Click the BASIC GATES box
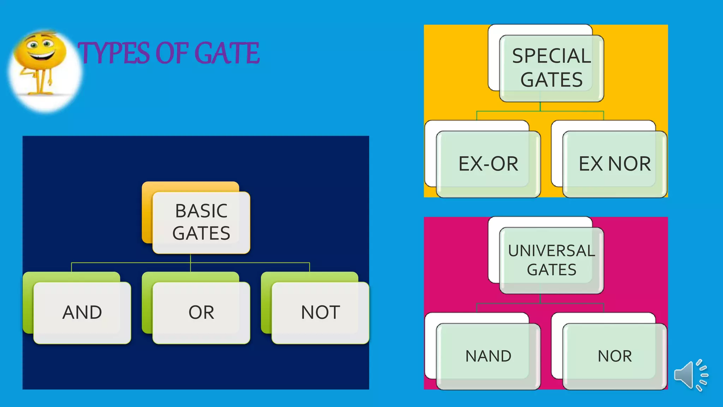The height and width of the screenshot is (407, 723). (x=201, y=223)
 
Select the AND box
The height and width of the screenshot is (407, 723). (x=82, y=313)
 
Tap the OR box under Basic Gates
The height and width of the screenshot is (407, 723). (x=201, y=313)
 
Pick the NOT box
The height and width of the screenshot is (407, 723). (x=320, y=313)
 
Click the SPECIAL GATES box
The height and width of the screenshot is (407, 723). (x=551, y=68)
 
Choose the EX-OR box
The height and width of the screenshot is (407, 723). (x=488, y=164)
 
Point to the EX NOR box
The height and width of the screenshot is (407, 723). (x=615, y=164)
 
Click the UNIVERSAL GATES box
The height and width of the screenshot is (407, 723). (x=551, y=260)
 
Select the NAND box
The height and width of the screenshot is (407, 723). (x=488, y=356)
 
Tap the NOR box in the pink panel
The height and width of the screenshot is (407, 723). (x=615, y=356)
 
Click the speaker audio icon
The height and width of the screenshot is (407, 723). (x=690, y=375)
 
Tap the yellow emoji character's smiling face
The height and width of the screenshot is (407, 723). (x=41, y=49)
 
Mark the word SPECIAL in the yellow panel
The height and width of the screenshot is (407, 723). (x=551, y=56)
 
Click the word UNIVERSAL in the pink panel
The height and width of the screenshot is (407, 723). (x=551, y=251)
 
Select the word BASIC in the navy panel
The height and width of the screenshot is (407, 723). (x=201, y=211)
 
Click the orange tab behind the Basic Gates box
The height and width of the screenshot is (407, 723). (x=147, y=212)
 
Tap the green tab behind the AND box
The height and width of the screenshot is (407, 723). (x=28, y=304)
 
